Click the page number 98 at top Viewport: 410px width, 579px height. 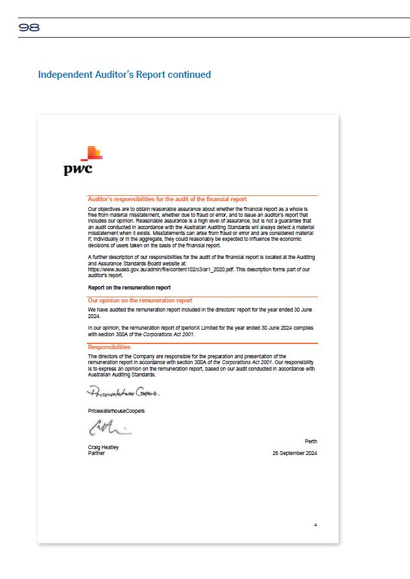pyautogui.click(x=29, y=28)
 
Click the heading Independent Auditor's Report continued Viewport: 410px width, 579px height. pyautogui.click(x=124, y=75)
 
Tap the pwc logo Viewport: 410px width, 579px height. pyautogui.click(x=83, y=162)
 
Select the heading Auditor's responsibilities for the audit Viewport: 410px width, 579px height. pyautogui.click(x=167, y=199)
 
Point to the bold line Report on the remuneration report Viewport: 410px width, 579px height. pyautogui.click(x=129, y=287)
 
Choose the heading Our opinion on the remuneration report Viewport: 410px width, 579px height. pyautogui.click(x=139, y=301)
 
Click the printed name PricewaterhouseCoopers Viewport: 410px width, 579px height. pyautogui.click(x=116, y=411)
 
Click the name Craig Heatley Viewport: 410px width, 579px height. pyautogui.click(x=103, y=447)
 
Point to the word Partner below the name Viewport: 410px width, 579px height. pyautogui.click(x=96, y=453)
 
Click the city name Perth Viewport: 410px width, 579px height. pyautogui.click(x=310, y=441)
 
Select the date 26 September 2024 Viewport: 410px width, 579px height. pyautogui.click(x=295, y=453)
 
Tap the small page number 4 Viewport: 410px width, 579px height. pyautogui.click(x=315, y=524)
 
